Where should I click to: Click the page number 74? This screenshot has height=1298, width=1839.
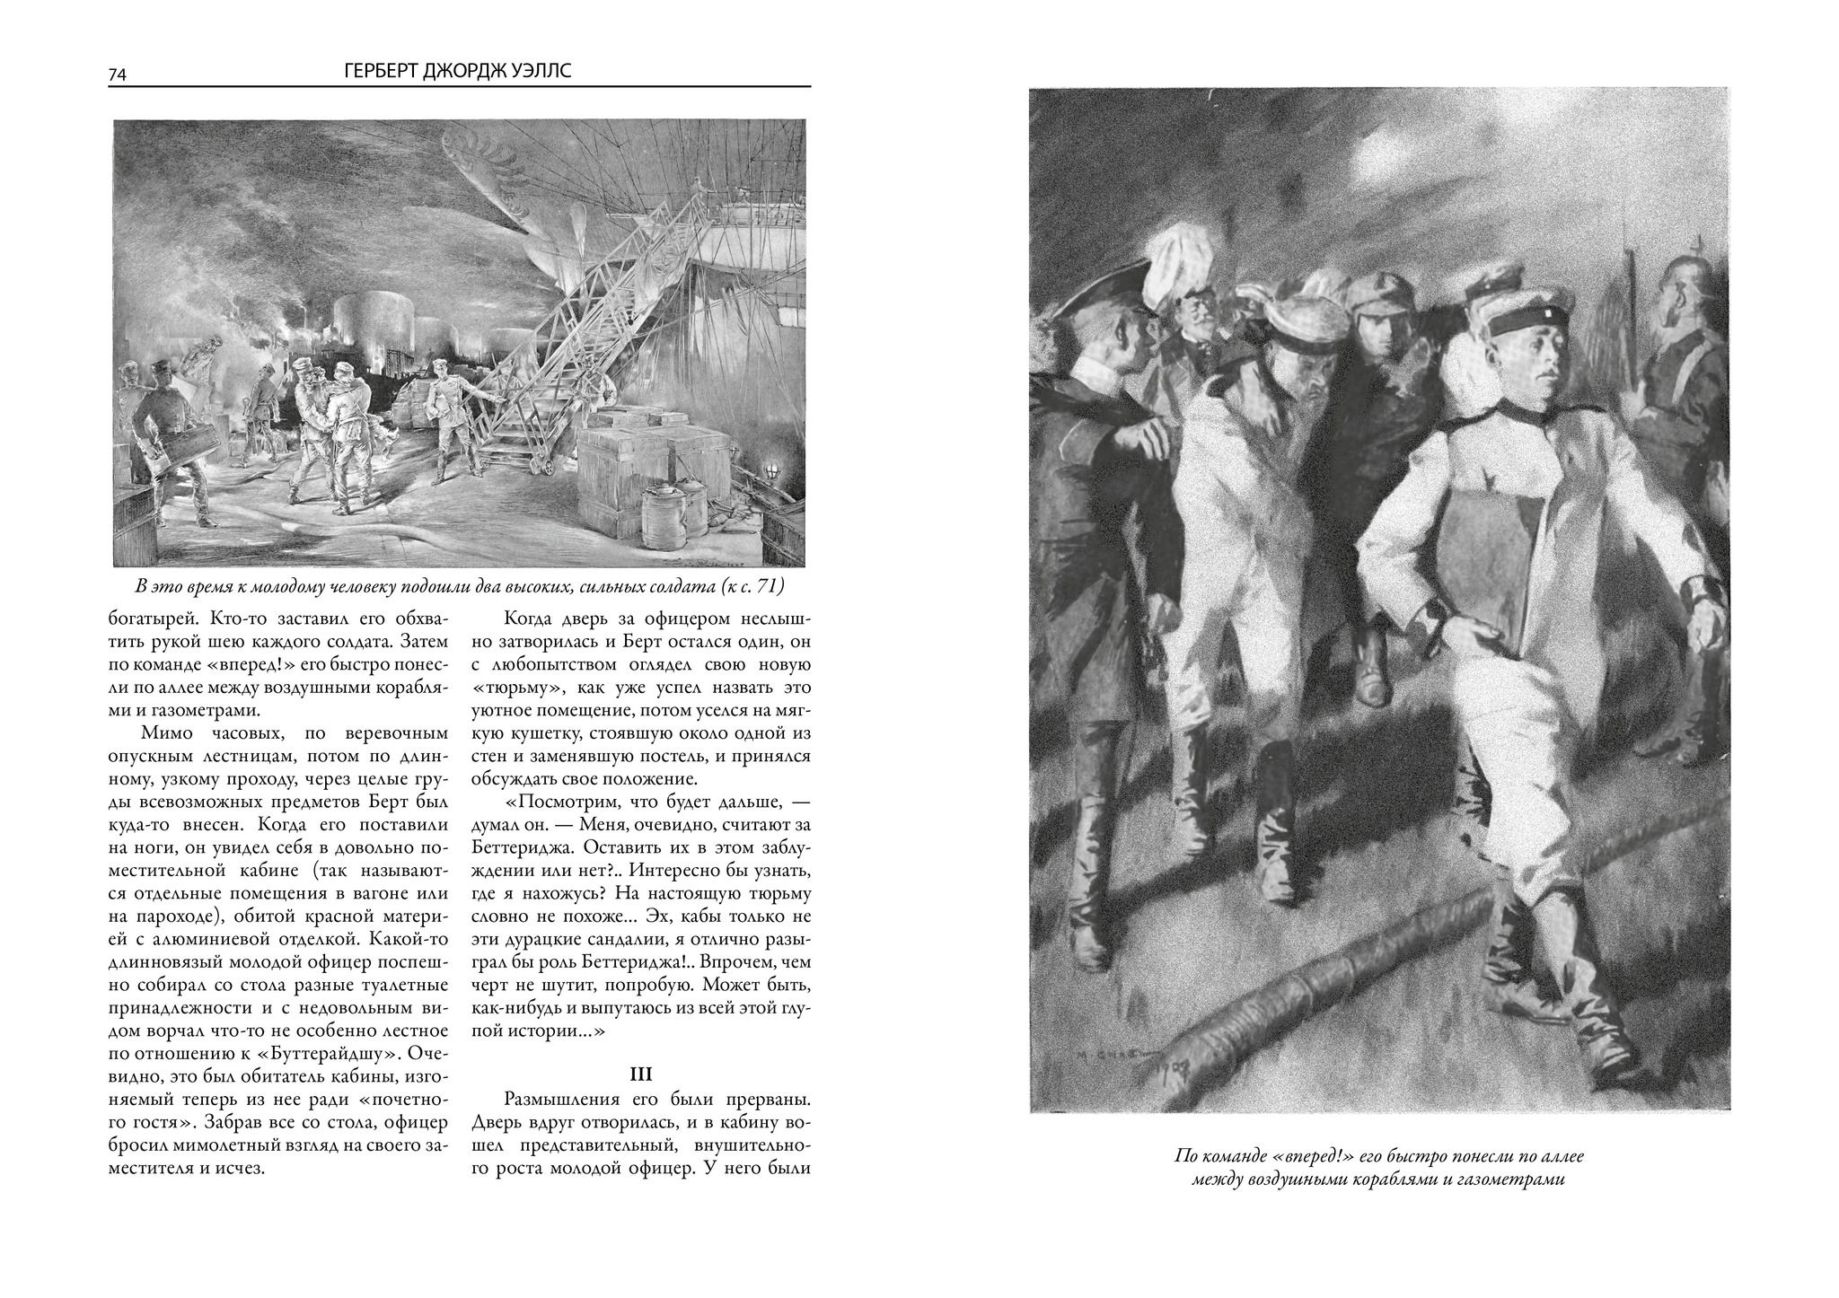117,75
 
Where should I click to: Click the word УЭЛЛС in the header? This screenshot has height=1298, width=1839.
540,72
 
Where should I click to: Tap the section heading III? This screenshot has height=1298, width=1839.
641,1074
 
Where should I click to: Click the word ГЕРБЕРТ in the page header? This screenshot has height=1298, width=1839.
383,72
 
